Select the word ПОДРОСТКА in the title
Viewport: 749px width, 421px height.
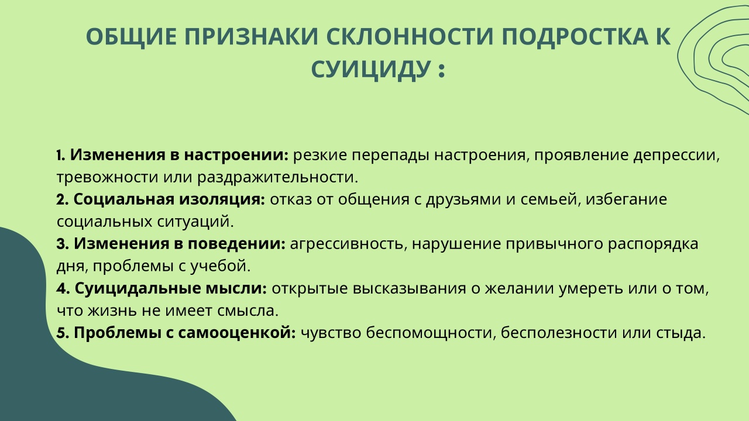[x=575, y=36]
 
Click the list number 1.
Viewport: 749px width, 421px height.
[x=60, y=155]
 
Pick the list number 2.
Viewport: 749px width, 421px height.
[x=62, y=199]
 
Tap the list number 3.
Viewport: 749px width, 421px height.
[x=63, y=244]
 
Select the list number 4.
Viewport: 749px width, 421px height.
[x=63, y=288]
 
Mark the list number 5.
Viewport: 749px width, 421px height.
[x=63, y=333]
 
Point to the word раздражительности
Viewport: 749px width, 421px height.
[x=277, y=177]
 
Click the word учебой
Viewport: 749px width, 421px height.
[x=221, y=266]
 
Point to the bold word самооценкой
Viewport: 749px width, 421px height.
[x=237, y=333]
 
